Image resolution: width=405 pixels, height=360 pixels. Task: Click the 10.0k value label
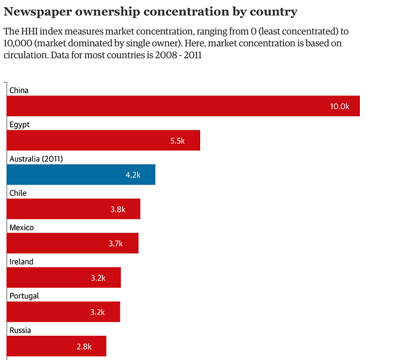pyautogui.click(x=340, y=106)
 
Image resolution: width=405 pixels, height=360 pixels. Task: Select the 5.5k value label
pyautogui.click(x=177, y=141)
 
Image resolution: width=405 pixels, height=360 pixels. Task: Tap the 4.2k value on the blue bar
pyautogui.click(x=133, y=175)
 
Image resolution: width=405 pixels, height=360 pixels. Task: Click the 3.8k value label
pyautogui.click(x=118, y=209)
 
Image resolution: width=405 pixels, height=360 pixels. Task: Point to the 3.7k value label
pyautogui.click(x=116, y=244)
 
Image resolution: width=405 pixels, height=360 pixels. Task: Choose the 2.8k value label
pyautogui.click(x=84, y=347)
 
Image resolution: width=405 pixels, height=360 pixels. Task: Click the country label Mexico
pyautogui.click(x=21, y=227)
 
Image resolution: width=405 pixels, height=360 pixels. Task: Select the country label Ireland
pyautogui.click(x=21, y=262)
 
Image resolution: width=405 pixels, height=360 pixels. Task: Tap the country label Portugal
pyautogui.click(x=24, y=296)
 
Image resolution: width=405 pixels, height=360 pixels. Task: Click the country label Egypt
pyautogui.click(x=20, y=124)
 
